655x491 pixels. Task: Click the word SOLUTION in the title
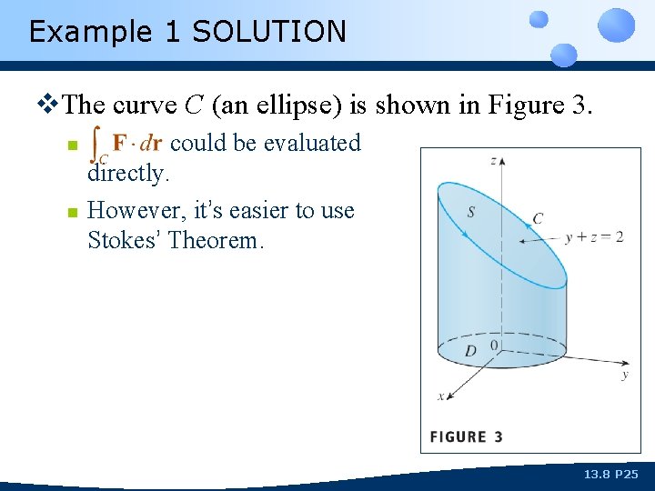click(x=269, y=32)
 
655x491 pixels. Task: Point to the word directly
click(x=128, y=173)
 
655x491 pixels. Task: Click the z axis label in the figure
click(x=493, y=161)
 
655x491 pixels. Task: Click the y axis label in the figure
click(x=625, y=374)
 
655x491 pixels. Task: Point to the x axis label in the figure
click(x=441, y=396)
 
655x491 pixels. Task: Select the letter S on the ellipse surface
click(x=470, y=212)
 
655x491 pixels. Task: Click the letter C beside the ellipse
click(x=538, y=218)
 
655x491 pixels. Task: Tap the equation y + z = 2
click(x=594, y=236)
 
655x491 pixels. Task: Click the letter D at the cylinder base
click(x=469, y=351)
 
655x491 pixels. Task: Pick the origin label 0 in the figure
click(x=495, y=346)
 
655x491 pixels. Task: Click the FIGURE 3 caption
click(x=466, y=436)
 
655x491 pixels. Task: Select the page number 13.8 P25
click(x=610, y=475)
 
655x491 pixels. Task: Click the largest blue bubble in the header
click(x=618, y=25)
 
